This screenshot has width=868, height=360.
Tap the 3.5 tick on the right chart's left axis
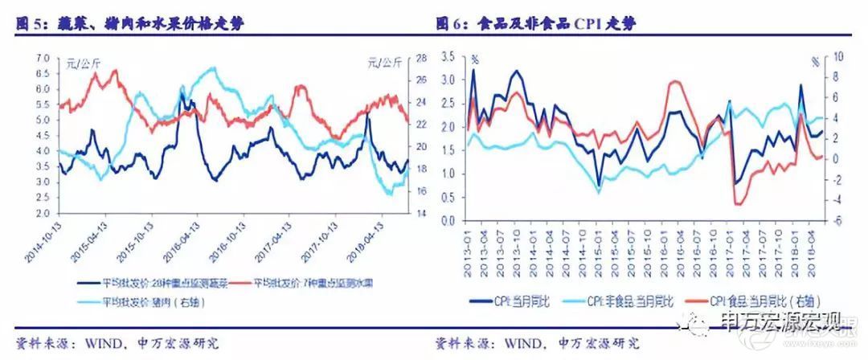pyautogui.click(x=448, y=58)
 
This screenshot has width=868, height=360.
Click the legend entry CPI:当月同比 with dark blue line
pyautogui.click(x=519, y=301)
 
